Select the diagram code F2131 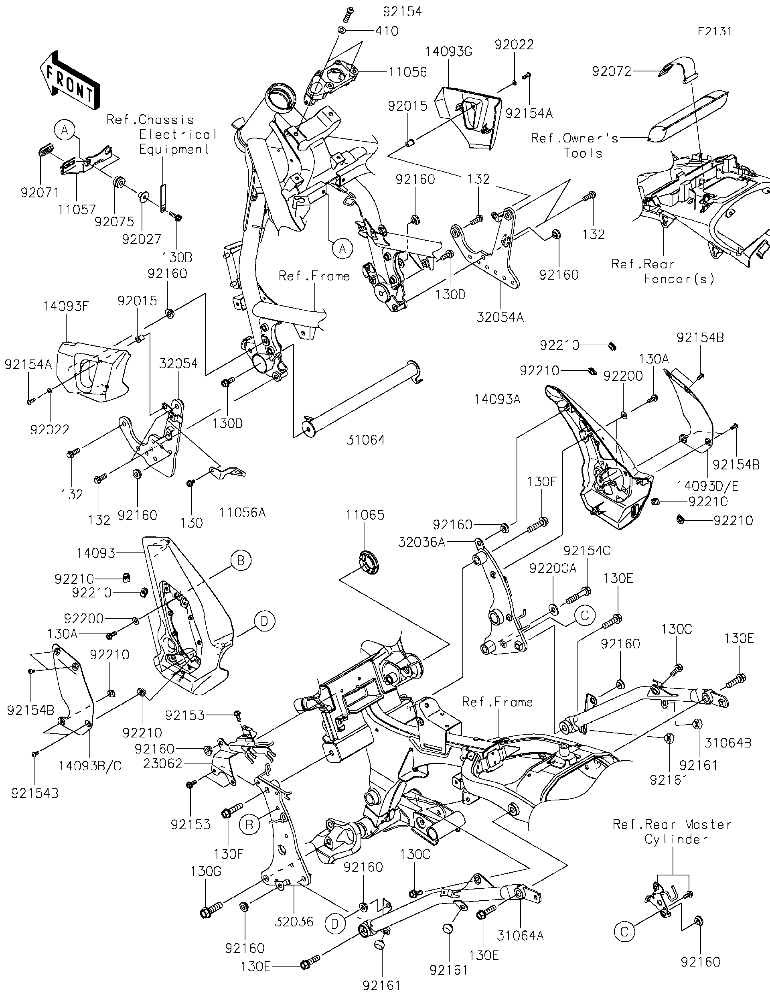pos(714,31)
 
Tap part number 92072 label pos(612,71)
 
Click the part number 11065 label pos(365,515)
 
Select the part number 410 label pos(387,30)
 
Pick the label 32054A pos(500,317)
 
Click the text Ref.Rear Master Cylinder pos(672,831)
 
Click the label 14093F pos(66,306)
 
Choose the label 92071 pos(40,193)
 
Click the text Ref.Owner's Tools pos(575,145)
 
